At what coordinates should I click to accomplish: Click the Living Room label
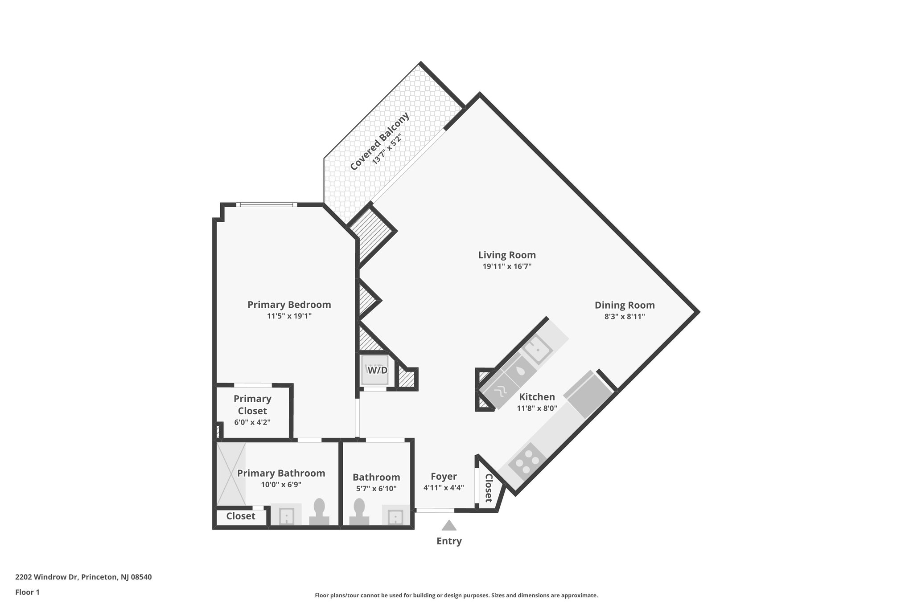point(507,255)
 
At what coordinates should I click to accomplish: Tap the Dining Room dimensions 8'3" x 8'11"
point(625,317)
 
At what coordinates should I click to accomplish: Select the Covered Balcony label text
point(379,142)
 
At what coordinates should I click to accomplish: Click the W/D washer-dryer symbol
point(377,370)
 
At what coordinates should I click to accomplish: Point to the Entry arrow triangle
point(449,526)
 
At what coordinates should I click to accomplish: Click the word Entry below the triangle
point(449,541)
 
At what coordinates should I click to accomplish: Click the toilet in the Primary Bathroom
point(319,513)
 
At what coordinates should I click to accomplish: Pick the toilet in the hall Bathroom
point(359,513)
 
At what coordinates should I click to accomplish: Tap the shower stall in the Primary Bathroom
point(231,473)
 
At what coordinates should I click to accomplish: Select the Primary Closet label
point(252,405)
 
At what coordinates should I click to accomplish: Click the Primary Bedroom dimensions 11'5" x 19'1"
point(289,316)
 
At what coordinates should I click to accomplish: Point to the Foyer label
point(444,476)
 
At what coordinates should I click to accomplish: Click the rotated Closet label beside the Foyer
point(488,488)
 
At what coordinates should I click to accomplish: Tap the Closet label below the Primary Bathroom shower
point(241,516)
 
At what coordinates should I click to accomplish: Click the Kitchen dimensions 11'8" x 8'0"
point(537,408)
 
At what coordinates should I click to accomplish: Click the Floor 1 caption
point(28,592)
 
